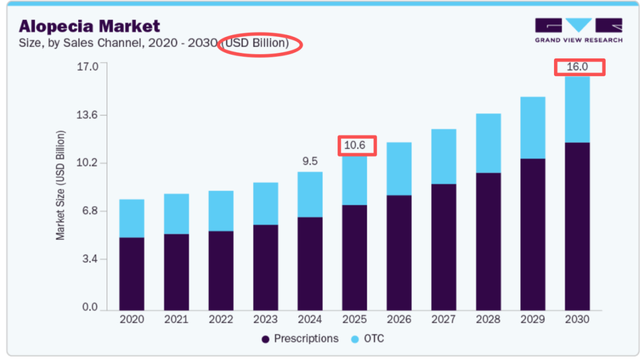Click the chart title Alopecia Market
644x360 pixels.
89,26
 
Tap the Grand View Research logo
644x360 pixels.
578,30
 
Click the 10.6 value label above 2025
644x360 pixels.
357,145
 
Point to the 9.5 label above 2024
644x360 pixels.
310,161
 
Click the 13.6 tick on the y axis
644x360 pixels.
87,114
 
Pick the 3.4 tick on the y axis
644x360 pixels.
90,259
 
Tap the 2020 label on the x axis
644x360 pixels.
132,319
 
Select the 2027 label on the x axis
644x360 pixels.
444,319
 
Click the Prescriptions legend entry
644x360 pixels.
300,339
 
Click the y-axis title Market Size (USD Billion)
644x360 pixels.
61,185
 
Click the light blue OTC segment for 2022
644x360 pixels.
221,210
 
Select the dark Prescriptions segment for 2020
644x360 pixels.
132,274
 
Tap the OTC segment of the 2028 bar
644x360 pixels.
488,143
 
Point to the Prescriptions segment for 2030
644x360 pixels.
577,226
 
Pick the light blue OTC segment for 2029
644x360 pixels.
532,128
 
